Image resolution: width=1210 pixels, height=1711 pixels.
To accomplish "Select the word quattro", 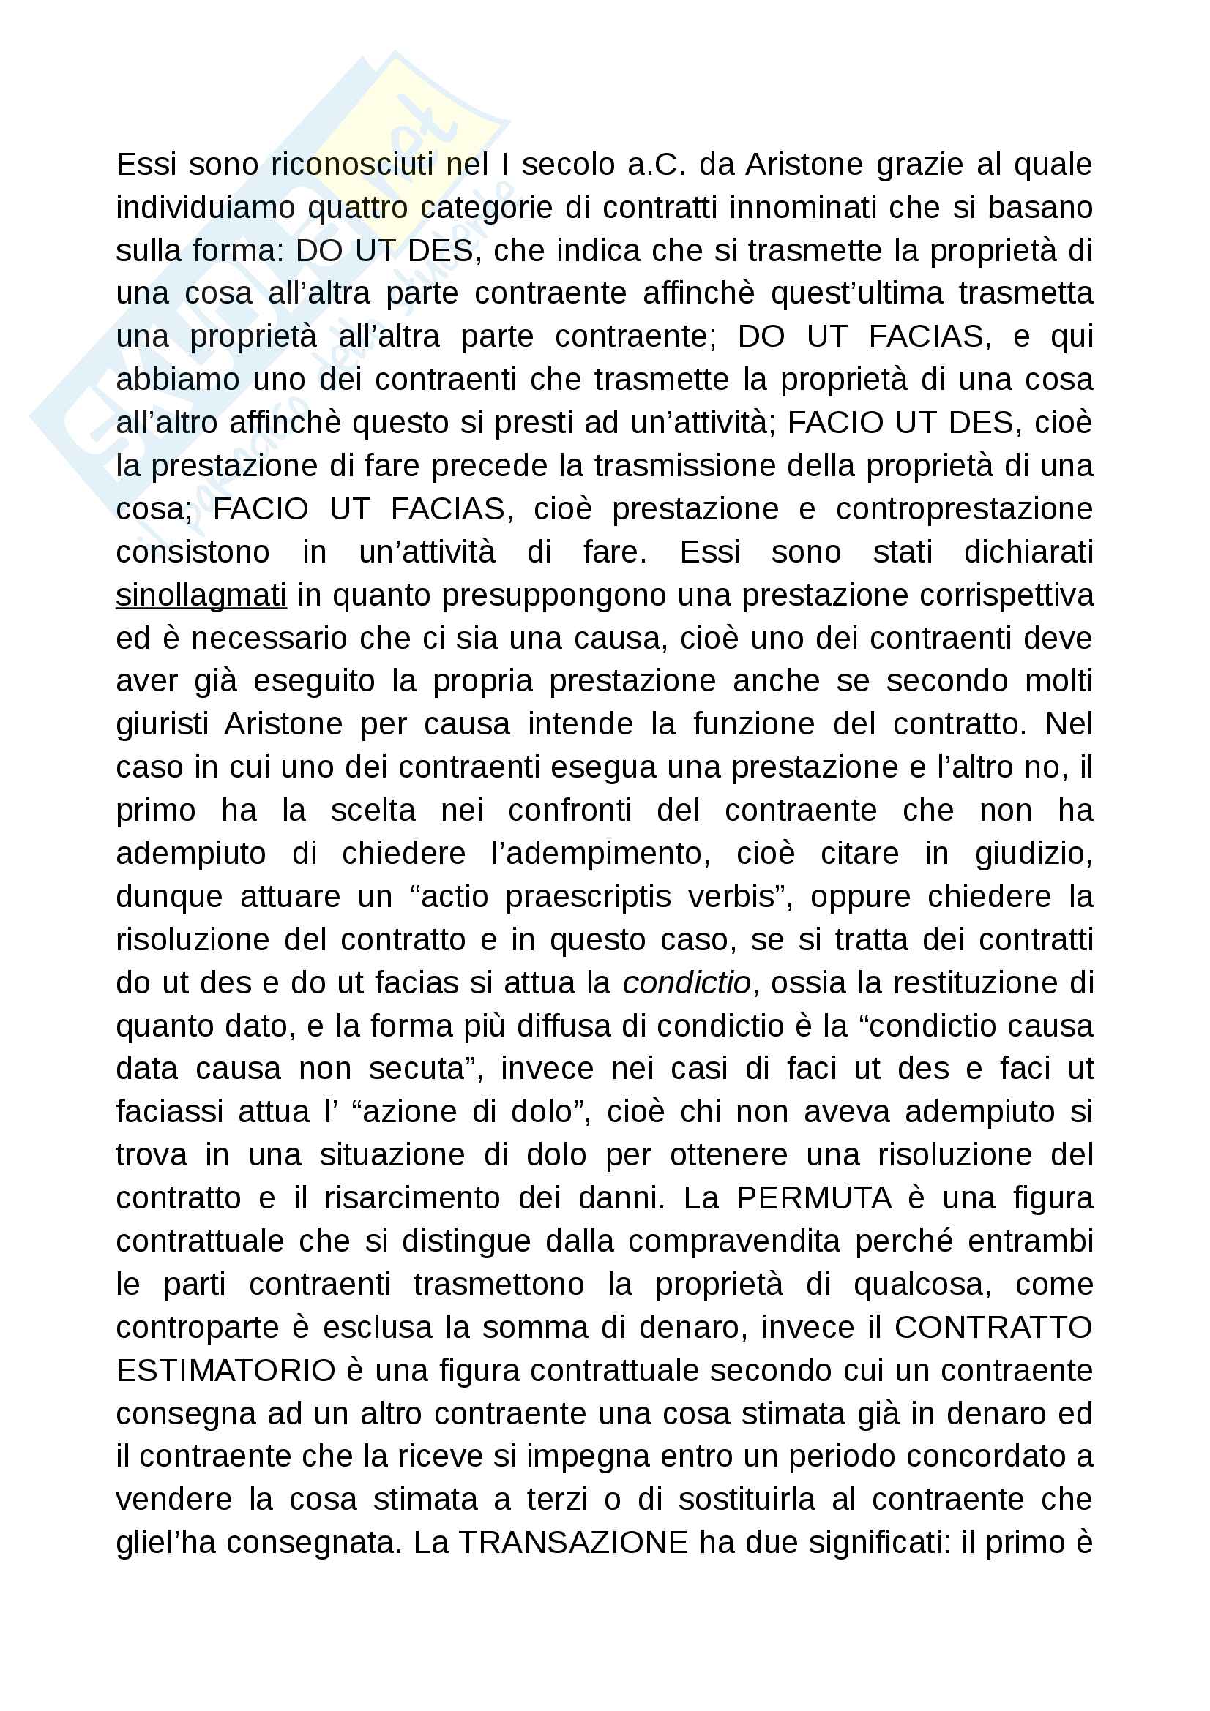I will coord(357,208).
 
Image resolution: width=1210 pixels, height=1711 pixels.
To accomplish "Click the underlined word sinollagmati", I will coord(201,595).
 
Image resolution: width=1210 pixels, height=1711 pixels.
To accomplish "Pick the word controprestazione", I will coord(964,509).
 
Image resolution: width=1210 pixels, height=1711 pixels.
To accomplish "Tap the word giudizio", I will coord(1034,853).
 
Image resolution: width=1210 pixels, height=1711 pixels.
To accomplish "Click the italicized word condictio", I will coord(687,983).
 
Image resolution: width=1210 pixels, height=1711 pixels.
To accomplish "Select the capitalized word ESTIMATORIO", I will coord(226,1370).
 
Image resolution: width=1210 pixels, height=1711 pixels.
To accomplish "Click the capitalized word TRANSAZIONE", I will coord(572,1543).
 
